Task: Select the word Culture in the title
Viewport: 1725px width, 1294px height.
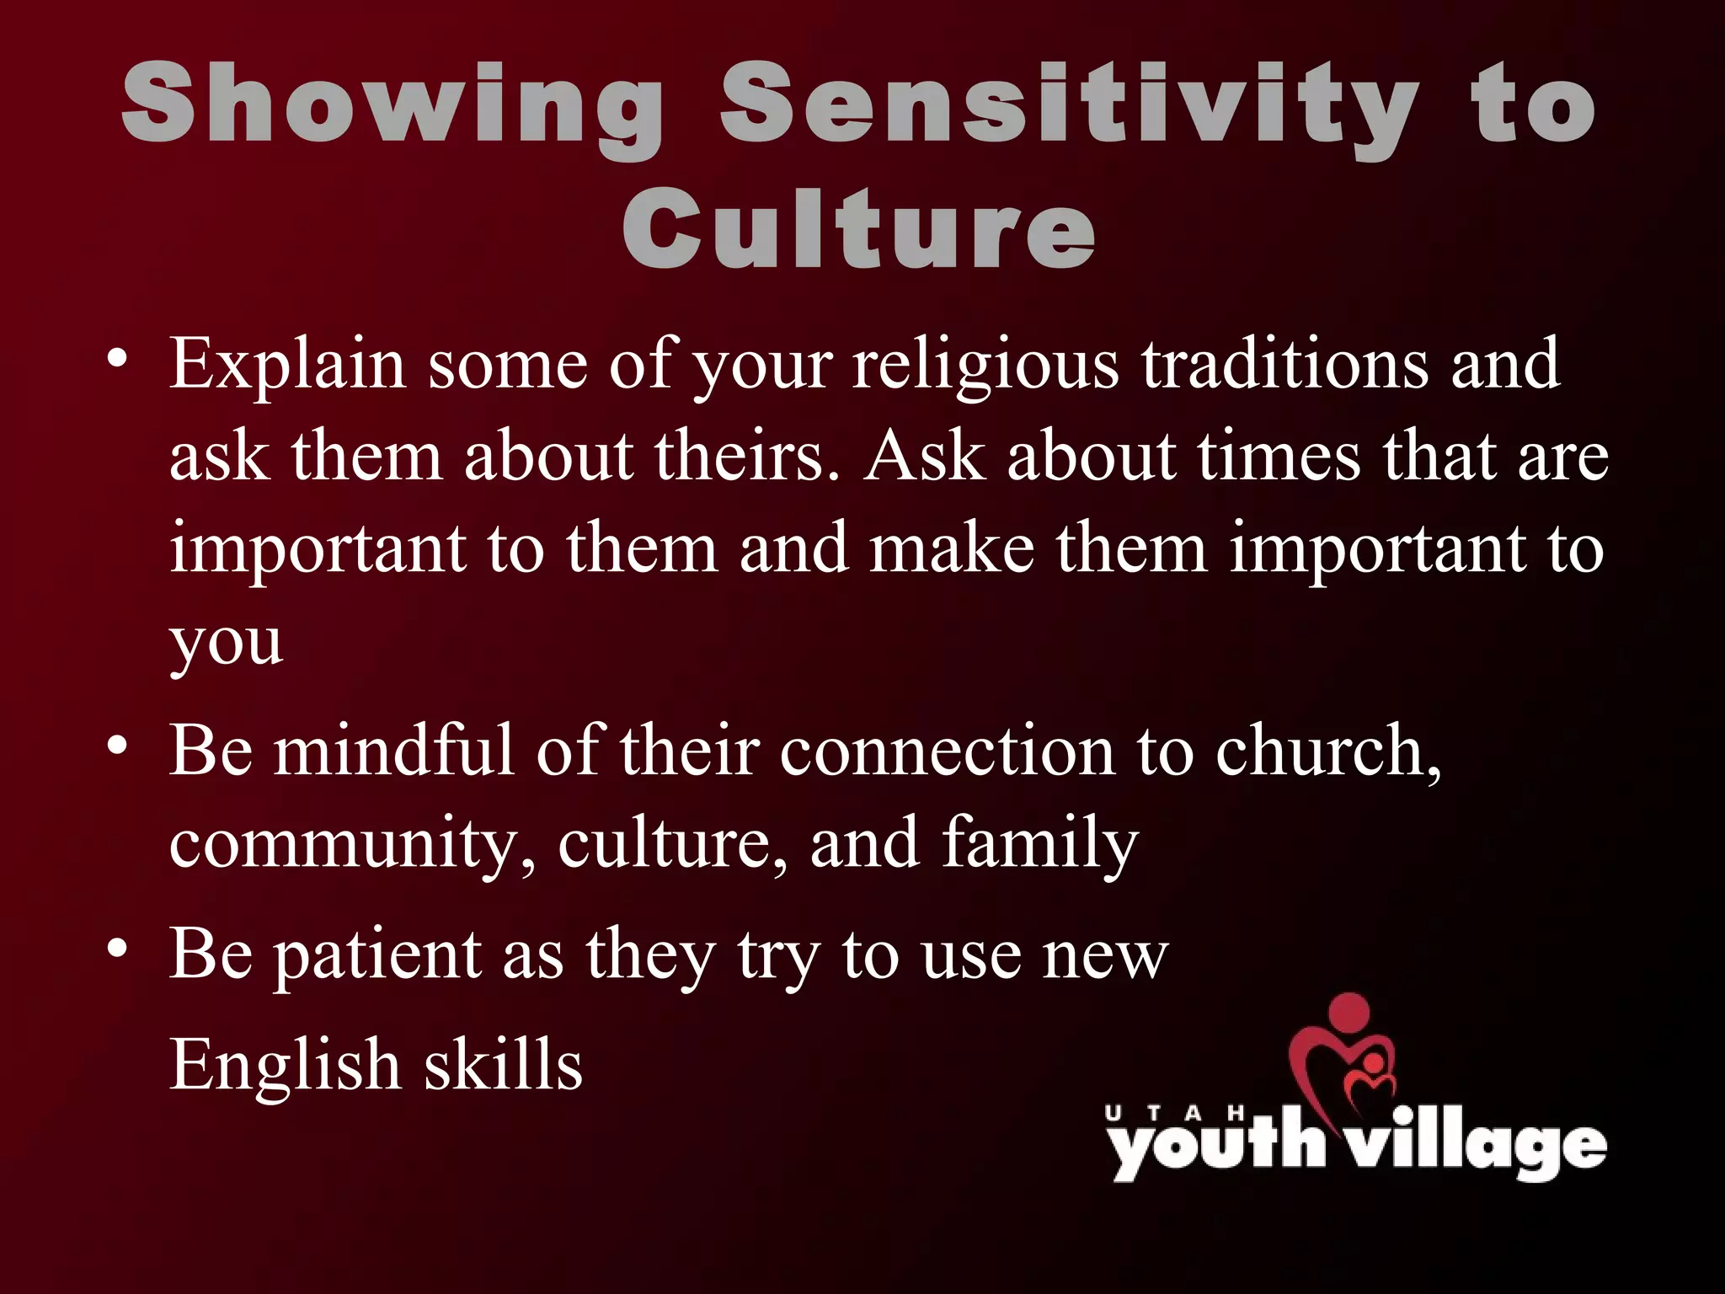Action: pyautogui.click(x=859, y=227)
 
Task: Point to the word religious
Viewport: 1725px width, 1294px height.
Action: pyautogui.click(x=985, y=364)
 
